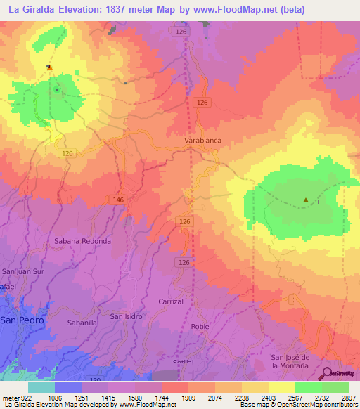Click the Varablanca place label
(202, 141)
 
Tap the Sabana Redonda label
(82, 241)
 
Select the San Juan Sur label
(24, 271)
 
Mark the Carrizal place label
(170, 301)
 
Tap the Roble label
(200, 327)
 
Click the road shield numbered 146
(118, 200)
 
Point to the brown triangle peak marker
(306, 200)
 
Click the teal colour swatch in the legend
(41, 387)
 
